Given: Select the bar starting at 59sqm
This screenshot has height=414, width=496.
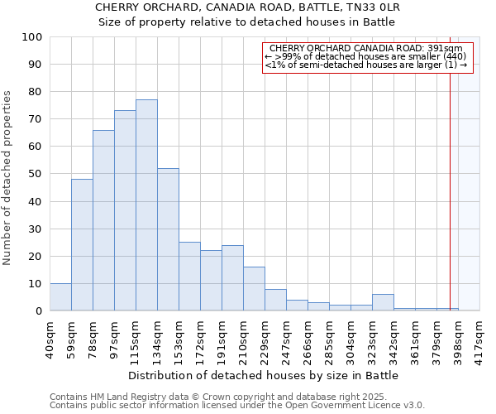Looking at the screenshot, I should click(x=82, y=245).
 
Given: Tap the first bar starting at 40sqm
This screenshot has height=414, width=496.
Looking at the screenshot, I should click(x=60, y=297).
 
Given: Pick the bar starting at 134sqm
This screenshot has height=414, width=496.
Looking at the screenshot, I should click(x=168, y=239).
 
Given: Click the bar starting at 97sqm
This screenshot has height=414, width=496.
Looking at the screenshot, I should click(x=125, y=210).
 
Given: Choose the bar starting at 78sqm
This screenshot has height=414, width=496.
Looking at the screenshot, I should click(x=103, y=220).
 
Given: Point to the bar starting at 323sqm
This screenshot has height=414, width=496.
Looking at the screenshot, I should click(x=383, y=302).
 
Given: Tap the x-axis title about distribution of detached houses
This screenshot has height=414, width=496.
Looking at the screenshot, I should click(x=264, y=375).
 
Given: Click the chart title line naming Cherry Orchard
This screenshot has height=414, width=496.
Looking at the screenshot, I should click(x=248, y=7).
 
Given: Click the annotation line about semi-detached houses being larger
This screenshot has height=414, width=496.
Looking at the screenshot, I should click(x=366, y=65).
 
